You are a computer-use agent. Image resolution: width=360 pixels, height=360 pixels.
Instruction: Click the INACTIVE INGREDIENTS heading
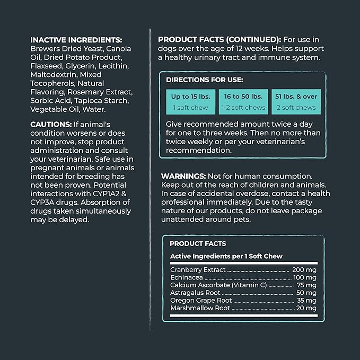click(x=76, y=40)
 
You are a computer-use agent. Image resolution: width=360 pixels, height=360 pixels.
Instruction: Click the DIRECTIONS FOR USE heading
click(x=204, y=80)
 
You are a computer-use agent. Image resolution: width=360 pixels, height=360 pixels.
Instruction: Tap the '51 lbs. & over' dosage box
click(x=295, y=101)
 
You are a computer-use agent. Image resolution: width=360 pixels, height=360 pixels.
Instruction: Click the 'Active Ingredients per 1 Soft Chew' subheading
click(x=226, y=256)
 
